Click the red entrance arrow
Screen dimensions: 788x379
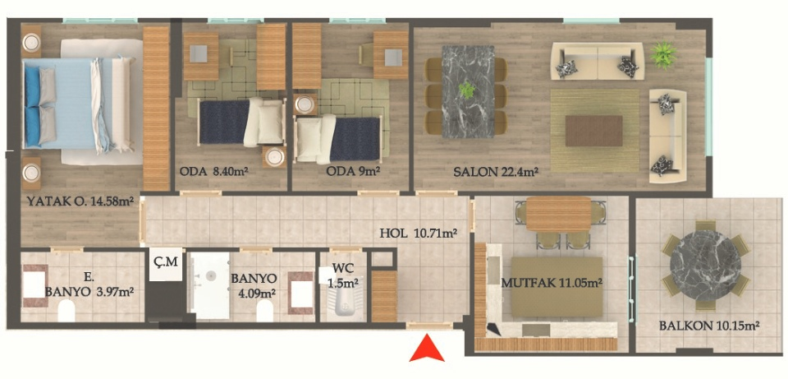pos(427,349)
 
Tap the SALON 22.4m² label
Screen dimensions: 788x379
pos(496,172)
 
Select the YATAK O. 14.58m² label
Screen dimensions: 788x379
pos(80,202)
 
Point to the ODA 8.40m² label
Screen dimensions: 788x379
pos(214,171)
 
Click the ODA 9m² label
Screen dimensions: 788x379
pos(353,171)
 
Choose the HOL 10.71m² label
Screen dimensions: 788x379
pos(418,233)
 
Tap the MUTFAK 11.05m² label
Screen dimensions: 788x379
pos(552,284)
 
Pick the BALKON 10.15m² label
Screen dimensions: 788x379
pos(708,326)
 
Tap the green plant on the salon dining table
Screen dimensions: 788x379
pos(467,90)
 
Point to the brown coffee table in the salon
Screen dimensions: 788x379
pos(594,131)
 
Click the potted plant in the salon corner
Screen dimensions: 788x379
pos(663,55)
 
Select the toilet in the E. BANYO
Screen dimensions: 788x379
pos(66,311)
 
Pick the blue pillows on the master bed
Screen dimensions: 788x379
pos(32,106)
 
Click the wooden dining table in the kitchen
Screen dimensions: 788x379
pos(558,214)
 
